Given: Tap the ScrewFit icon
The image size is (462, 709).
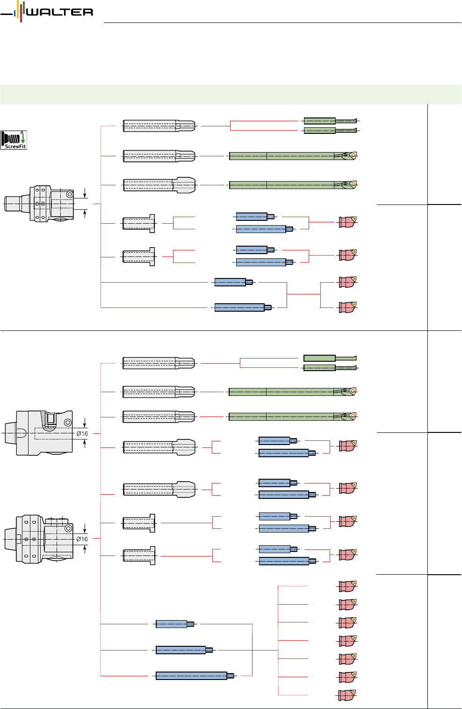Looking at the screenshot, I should [x=14, y=140].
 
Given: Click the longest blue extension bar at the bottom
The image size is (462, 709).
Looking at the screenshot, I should [x=195, y=676].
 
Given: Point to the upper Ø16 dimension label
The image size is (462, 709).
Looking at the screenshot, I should [x=82, y=433].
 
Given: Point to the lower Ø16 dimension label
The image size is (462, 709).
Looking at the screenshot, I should [x=82, y=539].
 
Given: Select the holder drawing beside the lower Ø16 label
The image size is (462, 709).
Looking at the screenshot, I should [x=39, y=539].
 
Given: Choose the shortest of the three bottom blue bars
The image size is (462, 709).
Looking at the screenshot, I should [x=174, y=624].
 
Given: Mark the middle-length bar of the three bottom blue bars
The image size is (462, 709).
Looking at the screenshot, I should [x=184, y=650].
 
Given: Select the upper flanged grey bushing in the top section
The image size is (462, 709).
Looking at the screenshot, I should [x=138, y=223].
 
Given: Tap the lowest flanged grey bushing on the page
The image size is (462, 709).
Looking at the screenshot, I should [x=139, y=556].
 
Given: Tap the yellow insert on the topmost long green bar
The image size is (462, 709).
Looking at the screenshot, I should [x=353, y=155].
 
